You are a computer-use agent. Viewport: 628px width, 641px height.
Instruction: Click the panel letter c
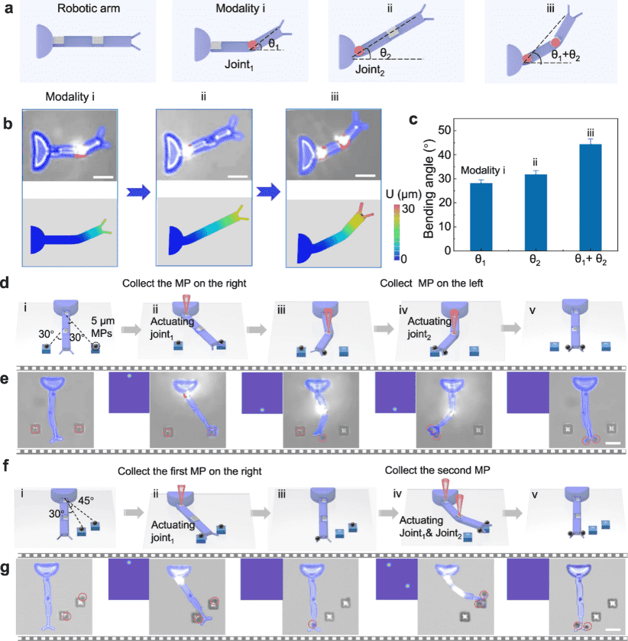click(413, 119)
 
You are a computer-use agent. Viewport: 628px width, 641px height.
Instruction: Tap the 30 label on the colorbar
click(406, 209)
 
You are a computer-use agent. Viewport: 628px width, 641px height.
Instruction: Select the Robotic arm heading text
click(86, 11)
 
